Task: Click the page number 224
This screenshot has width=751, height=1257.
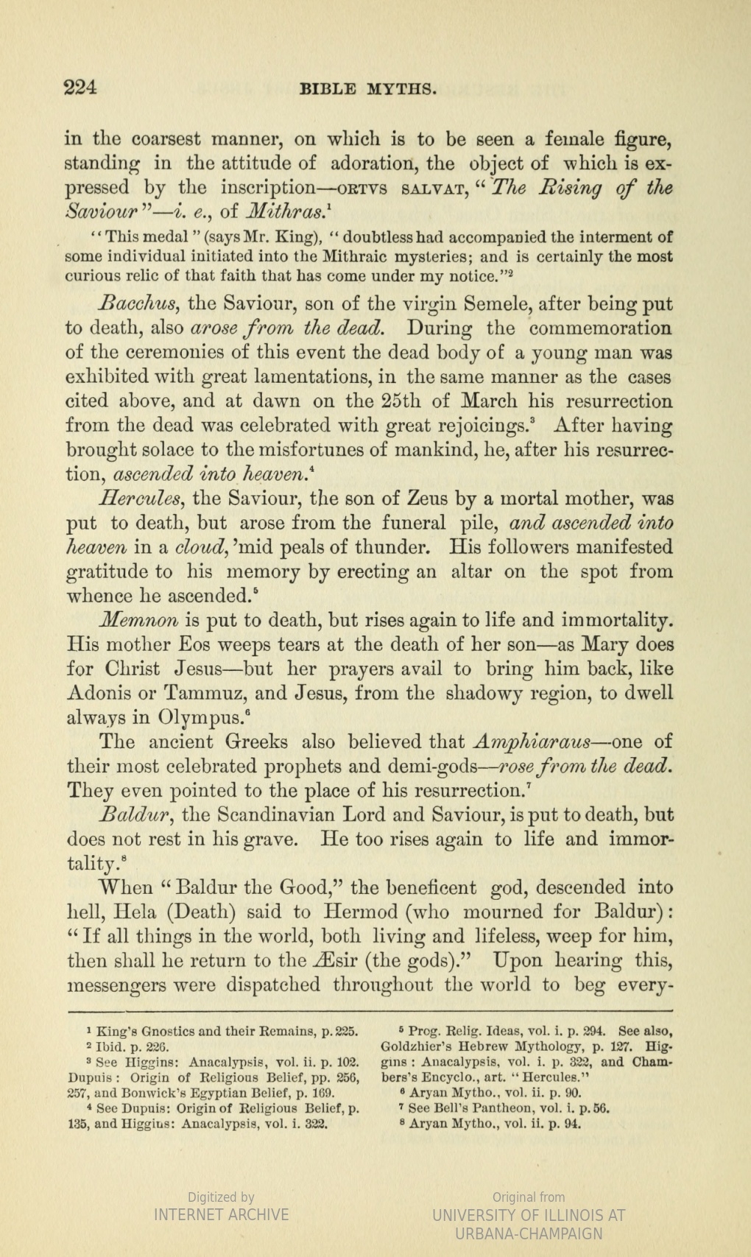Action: click(81, 88)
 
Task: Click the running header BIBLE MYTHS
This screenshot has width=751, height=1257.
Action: click(370, 90)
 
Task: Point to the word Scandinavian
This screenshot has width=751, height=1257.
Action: click(282, 815)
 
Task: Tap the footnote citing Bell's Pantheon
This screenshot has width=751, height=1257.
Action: click(508, 1108)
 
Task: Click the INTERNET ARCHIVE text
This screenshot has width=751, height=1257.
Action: click(221, 1214)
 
